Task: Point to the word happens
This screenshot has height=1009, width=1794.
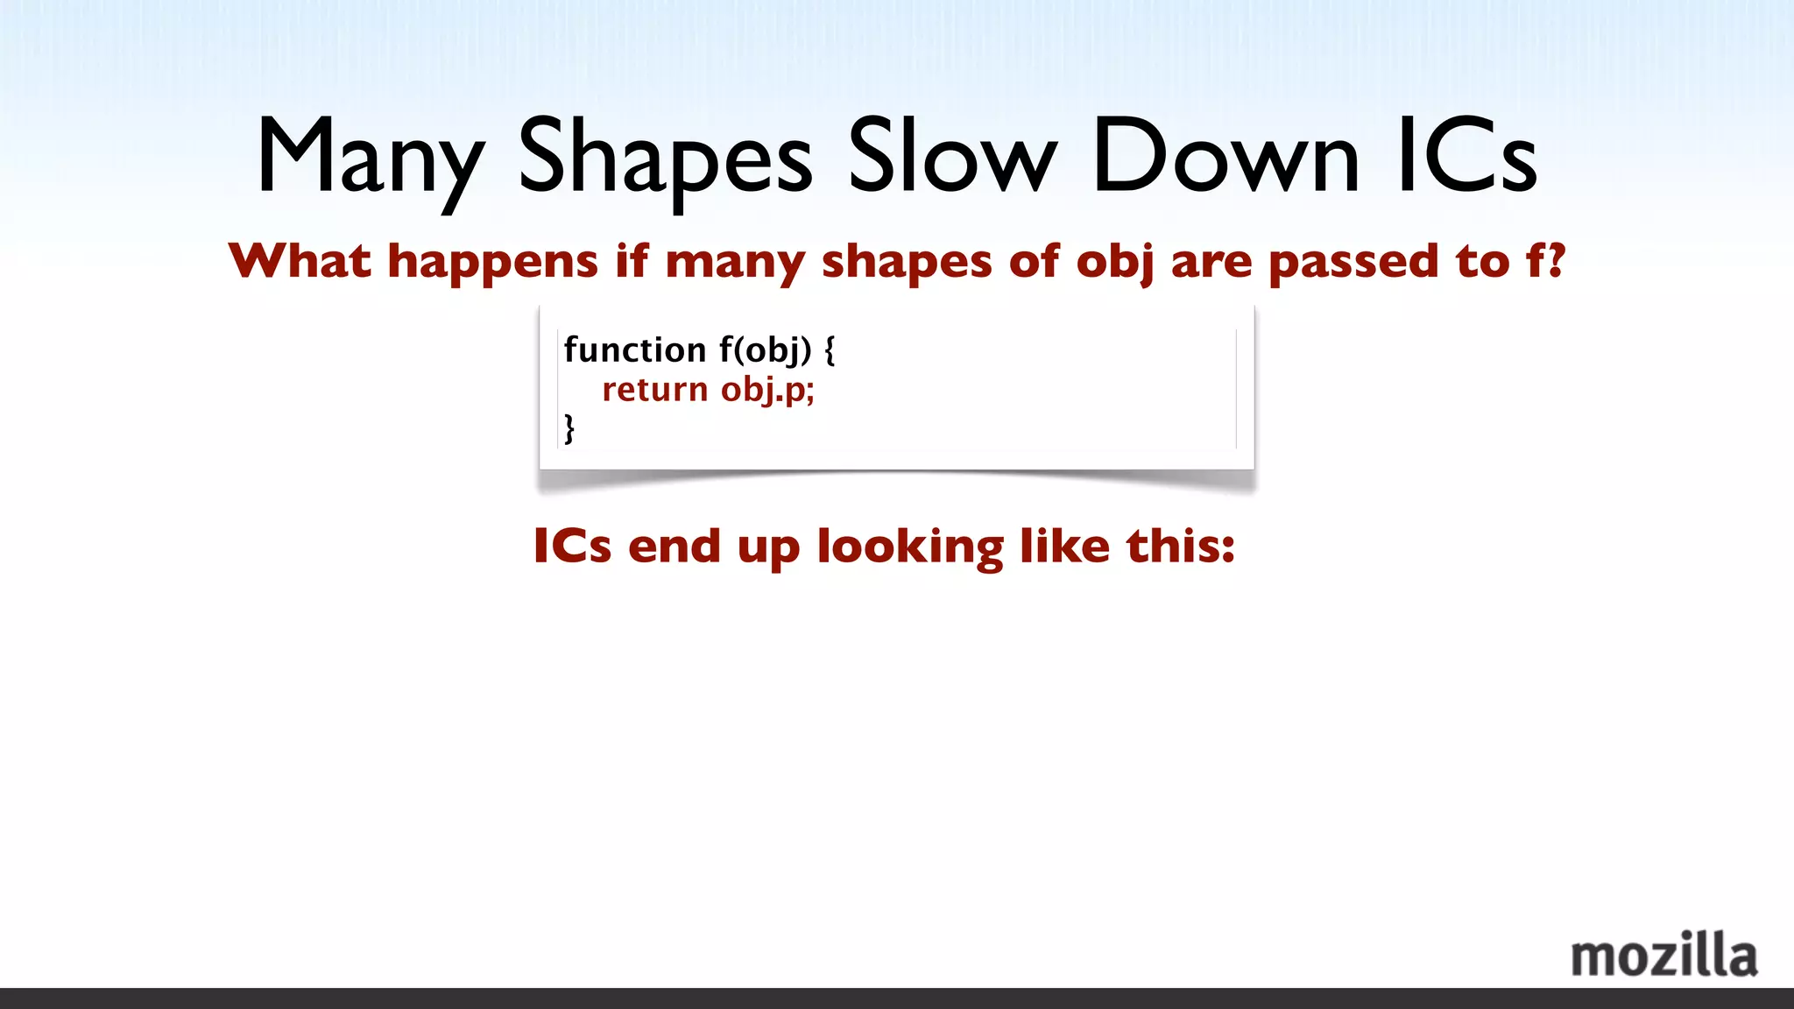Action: click(x=492, y=262)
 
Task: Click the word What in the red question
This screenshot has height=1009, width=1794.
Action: click(x=300, y=261)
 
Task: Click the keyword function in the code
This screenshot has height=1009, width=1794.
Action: click(x=635, y=349)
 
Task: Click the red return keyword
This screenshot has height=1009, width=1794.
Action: click(x=655, y=390)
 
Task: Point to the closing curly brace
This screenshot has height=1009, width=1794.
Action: click(x=569, y=428)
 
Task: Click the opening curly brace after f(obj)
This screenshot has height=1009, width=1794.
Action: click(x=830, y=350)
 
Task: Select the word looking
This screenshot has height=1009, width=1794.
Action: click(x=910, y=547)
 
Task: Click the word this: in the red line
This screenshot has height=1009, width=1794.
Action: click(x=1181, y=546)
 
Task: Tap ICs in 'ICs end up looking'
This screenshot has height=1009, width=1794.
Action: click(x=572, y=546)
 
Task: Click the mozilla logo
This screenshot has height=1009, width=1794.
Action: click(x=1663, y=956)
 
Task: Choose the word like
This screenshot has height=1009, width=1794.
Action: click(x=1065, y=546)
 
